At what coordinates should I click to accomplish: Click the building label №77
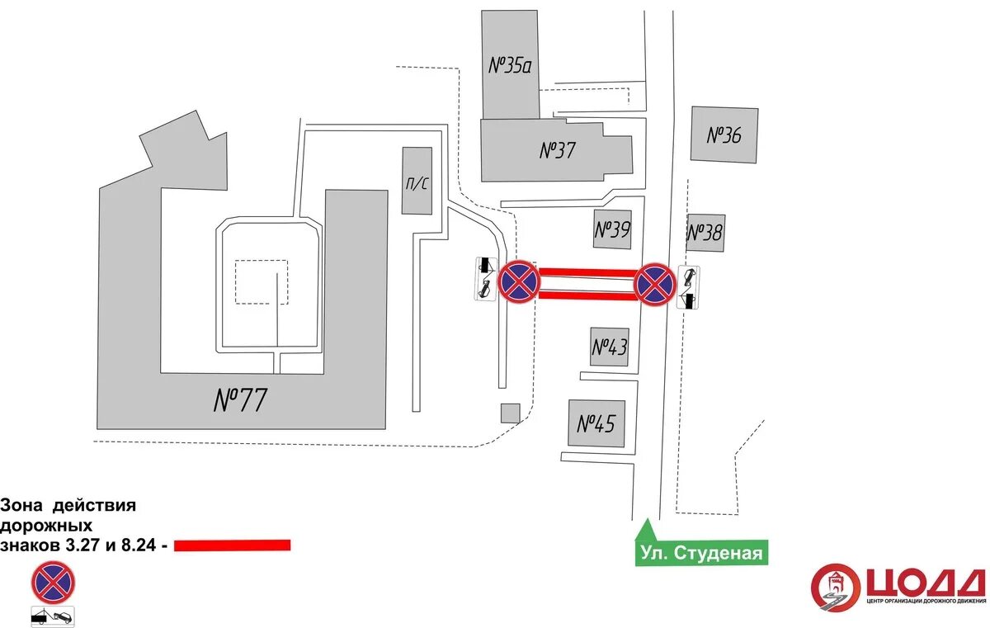241,400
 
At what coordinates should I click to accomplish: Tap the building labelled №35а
510,65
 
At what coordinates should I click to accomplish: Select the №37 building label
557,150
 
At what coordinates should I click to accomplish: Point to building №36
724,135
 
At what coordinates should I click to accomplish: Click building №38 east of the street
705,233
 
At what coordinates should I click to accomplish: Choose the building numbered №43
610,347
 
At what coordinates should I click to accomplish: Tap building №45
596,423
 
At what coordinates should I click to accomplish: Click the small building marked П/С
417,182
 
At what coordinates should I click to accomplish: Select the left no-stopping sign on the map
519,281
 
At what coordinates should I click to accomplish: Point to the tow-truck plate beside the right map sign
688,287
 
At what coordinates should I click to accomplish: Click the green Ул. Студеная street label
700,552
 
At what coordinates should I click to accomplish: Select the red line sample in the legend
233,545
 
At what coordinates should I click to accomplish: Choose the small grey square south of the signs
511,413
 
